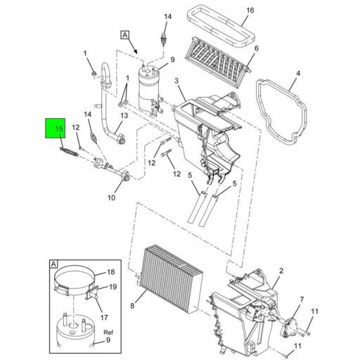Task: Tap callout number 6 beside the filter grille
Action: coord(257,49)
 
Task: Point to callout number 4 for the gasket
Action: coord(297,73)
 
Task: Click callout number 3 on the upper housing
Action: coord(177,82)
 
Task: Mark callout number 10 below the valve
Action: coord(110,198)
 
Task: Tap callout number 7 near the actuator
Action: coord(302,300)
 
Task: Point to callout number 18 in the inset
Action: coord(110,272)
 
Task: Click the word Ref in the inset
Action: coord(108,333)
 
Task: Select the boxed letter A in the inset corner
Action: coord(53,264)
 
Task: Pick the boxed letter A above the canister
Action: coord(124,34)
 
